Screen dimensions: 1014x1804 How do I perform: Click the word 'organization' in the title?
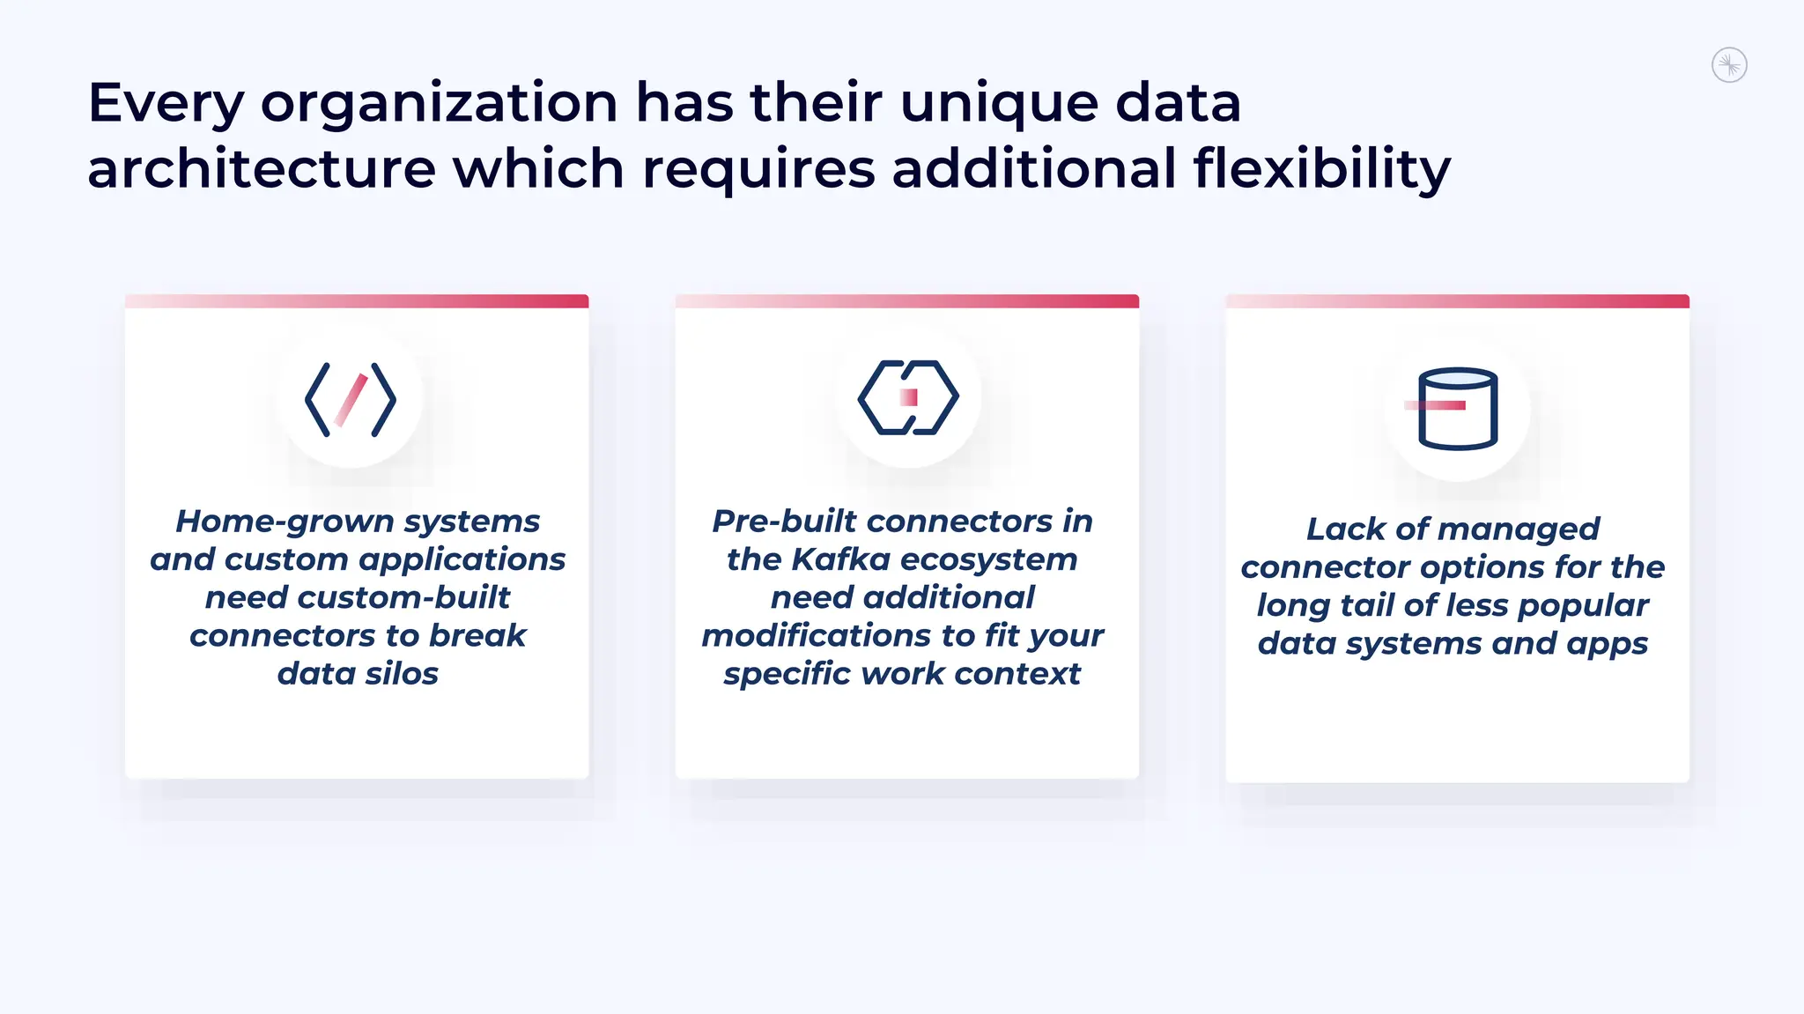coord(440,104)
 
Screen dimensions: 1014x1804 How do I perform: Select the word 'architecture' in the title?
coord(262,168)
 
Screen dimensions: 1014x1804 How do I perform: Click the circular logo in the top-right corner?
coord(1729,65)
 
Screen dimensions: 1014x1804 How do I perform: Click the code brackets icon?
coord(351,399)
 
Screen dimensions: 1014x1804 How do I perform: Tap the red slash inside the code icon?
coord(351,400)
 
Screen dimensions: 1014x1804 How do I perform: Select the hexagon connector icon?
coord(907,397)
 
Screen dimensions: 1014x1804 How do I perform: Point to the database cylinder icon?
coord(1458,409)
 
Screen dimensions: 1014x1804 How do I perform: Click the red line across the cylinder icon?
coord(1435,405)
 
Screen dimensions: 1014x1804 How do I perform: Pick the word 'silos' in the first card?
coord(402,674)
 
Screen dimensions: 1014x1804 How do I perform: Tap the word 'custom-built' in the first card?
coord(404,597)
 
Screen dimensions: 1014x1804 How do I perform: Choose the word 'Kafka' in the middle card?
coord(840,559)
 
